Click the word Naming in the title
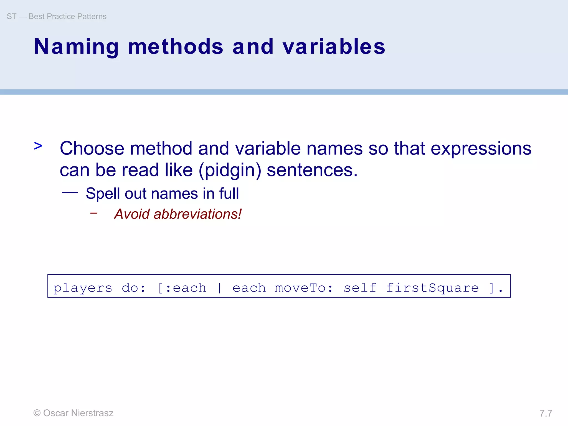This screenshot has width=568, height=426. [x=76, y=47]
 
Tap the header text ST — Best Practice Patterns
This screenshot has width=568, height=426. [x=57, y=17]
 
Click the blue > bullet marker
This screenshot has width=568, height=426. [x=38, y=146]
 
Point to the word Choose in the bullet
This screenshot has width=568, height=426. [x=92, y=148]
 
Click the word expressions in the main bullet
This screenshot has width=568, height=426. [x=481, y=149]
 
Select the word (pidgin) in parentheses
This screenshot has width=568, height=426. [x=230, y=170]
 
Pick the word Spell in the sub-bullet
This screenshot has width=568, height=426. [x=103, y=194]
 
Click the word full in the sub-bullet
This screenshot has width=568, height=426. [x=229, y=193]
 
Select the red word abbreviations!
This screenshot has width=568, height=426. [x=197, y=214]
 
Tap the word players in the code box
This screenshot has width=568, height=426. [x=83, y=288]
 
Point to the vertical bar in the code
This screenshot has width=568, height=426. [x=219, y=288]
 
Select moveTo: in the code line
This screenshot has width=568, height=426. [x=303, y=288]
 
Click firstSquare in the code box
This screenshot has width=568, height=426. [x=432, y=288]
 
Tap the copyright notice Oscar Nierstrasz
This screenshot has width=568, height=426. [x=73, y=413]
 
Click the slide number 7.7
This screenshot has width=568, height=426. [x=546, y=413]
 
